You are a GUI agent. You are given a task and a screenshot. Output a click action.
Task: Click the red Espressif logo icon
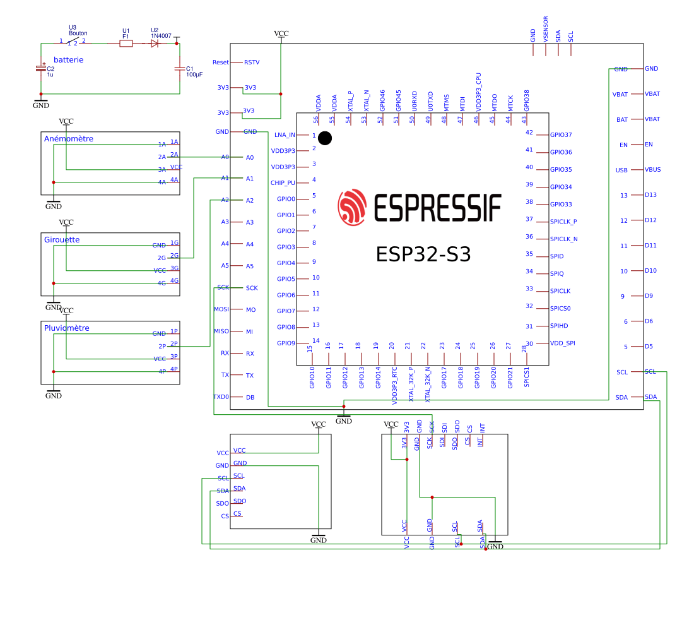tap(352, 206)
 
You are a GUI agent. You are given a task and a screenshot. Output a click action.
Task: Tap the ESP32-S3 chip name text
tap(423, 254)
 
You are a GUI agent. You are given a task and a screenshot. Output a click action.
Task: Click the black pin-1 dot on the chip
tap(325, 138)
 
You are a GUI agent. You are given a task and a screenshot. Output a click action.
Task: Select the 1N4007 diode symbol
tap(155, 44)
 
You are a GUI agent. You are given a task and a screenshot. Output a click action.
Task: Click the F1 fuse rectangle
tap(126, 44)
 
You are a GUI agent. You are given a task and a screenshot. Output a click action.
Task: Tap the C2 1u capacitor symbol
tap(41, 69)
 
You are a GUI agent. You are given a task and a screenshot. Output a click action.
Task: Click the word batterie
tap(68, 60)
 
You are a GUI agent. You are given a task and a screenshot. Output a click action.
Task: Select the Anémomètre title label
tap(69, 139)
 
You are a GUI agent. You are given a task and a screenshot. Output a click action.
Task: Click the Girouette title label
tap(62, 240)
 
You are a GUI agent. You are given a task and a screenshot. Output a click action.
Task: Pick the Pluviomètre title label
tap(67, 328)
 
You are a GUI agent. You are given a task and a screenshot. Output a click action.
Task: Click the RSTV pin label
tap(252, 63)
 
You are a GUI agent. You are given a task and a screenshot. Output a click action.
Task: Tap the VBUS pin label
tap(653, 170)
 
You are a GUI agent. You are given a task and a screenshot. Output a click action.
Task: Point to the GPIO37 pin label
tap(561, 135)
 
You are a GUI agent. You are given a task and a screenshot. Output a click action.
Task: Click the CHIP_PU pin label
tap(283, 183)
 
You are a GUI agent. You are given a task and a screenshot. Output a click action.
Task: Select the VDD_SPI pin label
tap(562, 343)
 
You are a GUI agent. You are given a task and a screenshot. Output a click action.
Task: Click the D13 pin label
tap(650, 195)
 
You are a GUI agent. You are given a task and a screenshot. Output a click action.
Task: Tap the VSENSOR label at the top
tap(546, 29)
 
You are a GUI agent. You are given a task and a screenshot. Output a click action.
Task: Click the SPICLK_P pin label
tap(563, 222)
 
